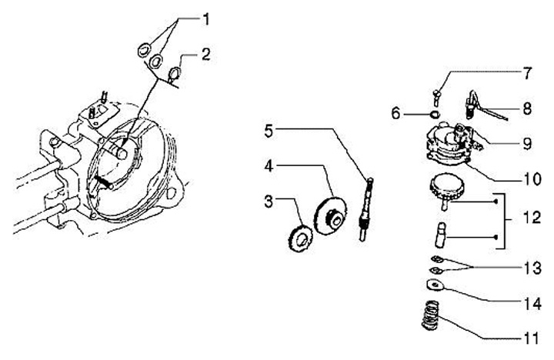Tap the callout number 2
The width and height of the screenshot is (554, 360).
[205, 54]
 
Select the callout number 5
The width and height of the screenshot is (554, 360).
[268, 131]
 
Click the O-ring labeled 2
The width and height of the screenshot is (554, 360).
[175, 74]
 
